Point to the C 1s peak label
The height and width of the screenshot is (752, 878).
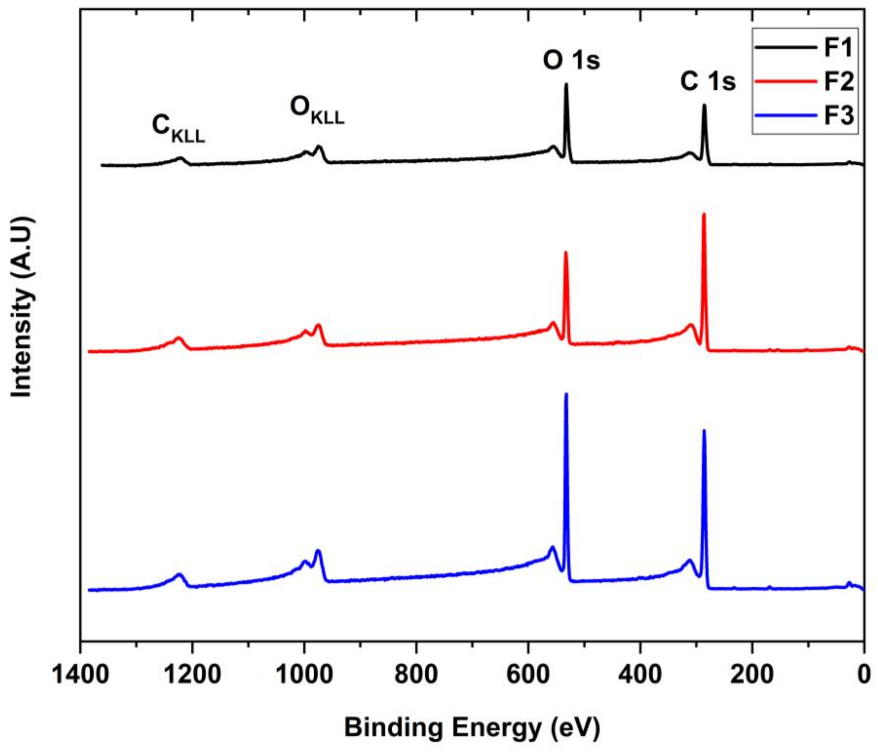(708, 82)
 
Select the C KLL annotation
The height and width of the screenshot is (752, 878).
(178, 129)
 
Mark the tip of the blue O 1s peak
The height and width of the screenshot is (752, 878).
(566, 394)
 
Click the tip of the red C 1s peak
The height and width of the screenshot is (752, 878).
(704, 214)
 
